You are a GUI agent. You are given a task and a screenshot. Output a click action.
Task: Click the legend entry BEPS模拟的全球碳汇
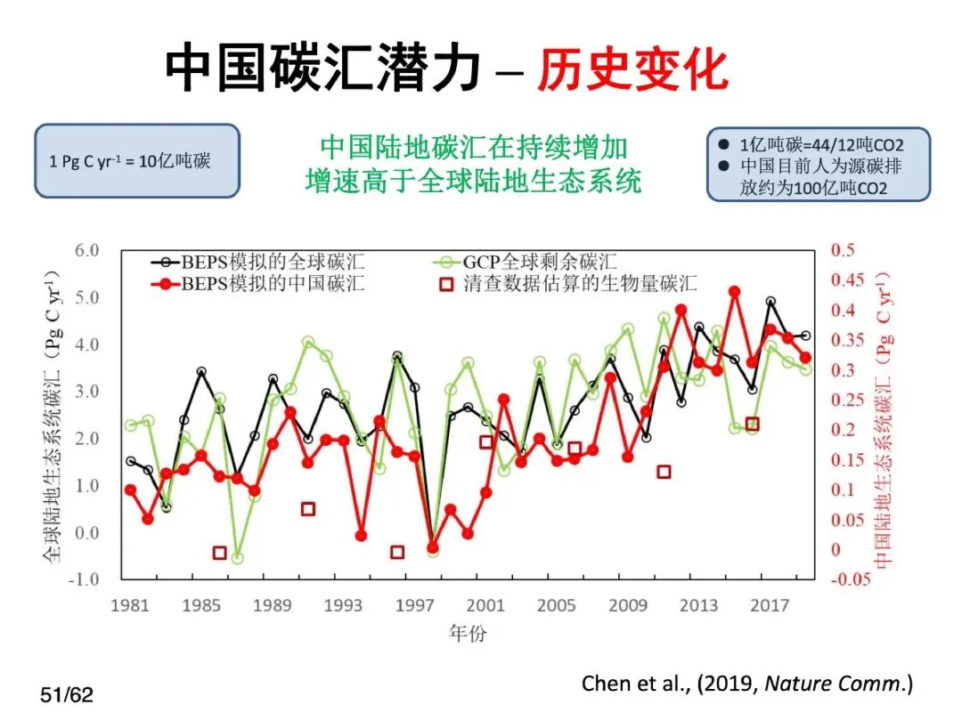[257, 262]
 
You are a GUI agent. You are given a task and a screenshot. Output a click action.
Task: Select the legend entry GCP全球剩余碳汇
[526, 262]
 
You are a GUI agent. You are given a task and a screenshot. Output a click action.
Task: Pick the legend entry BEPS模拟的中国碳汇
[257, 283]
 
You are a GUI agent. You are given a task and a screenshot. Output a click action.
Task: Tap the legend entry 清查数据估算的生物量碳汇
[568, 283]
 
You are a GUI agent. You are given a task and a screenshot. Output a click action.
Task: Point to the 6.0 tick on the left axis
[86, 250]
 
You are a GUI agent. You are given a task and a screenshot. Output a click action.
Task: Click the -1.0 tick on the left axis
[83, 579]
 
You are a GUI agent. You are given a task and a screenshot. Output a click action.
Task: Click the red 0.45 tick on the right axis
[847, 280]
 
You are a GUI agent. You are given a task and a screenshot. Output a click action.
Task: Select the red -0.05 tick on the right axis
[851, 579]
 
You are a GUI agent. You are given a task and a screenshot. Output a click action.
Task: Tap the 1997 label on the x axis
[414, 606]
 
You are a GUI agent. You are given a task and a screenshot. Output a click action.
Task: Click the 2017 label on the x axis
[770, 606]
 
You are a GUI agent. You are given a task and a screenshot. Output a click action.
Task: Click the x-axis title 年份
[468, 633]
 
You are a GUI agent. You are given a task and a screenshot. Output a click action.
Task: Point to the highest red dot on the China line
[734, 291]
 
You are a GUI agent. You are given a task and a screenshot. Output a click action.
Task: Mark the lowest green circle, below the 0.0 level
[238, 558]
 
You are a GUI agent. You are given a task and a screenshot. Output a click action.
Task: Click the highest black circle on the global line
[770, 302]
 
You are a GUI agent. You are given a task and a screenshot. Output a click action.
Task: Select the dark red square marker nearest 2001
[486, 442]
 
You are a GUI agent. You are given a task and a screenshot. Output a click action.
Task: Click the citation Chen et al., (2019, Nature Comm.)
[747, 683]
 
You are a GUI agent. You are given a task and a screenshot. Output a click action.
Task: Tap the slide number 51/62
[67, 695]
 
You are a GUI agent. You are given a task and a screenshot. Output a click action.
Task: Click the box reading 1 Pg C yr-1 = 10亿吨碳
[137, 161]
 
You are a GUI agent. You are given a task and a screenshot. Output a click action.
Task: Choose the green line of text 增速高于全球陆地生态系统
[474, 181]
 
